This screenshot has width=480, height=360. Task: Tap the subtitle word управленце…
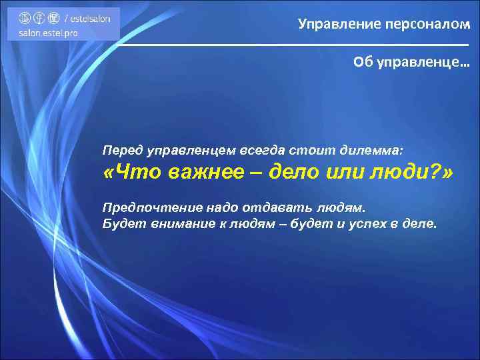pyautogui.click(x=423, y=62)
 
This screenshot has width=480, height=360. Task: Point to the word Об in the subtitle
pyautogui.click(x=362, y=62)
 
